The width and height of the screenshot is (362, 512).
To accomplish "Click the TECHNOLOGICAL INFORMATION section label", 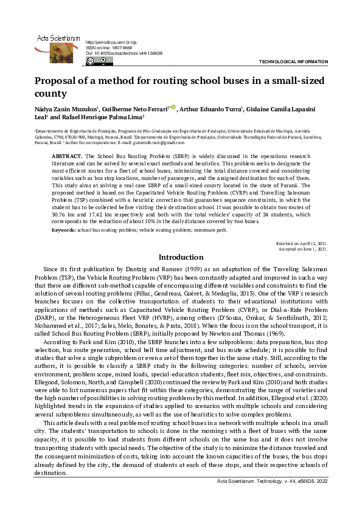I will pos(293,62).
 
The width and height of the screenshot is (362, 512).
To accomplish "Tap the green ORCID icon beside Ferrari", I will pos(174,108).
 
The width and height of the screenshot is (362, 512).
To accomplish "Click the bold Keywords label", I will pos(63,230).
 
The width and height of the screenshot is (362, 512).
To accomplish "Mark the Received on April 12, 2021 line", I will pos(302,243).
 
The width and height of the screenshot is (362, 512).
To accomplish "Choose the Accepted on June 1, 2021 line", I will pos(304,249).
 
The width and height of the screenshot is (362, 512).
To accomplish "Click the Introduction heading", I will pos(181,258).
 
